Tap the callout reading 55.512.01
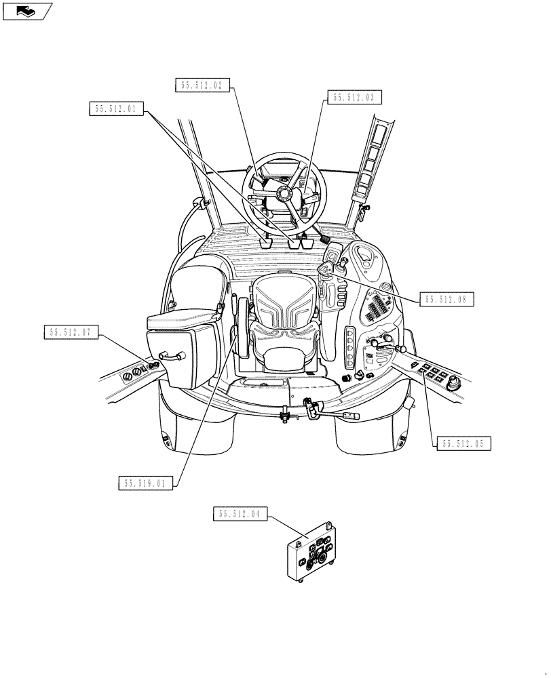point(116,109)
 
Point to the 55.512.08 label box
point(446,299)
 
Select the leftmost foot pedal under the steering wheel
point(266,242)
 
